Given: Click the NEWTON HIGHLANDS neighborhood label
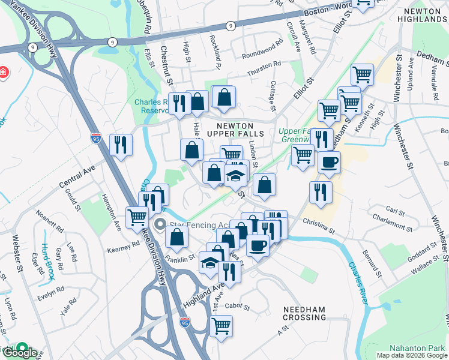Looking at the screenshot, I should pyautogui.click(x=425, y=15).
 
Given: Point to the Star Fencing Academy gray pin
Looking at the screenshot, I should pyautogui.click(x=160, y=226).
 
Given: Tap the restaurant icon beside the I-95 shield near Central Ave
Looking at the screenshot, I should pyautogui.click(x=121, y=145).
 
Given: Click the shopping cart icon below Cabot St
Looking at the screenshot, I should pyautogui.click(x=221, y=326).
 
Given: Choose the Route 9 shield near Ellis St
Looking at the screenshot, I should pyautogui.click(x=112, y=41).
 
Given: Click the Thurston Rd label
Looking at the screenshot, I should pyautogui.click(x=264, y=64).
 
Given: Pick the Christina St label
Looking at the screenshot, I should pyautogui.click(x=318, y=226).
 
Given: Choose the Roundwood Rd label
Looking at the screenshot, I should pyautogui.click(x=262, y=46).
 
